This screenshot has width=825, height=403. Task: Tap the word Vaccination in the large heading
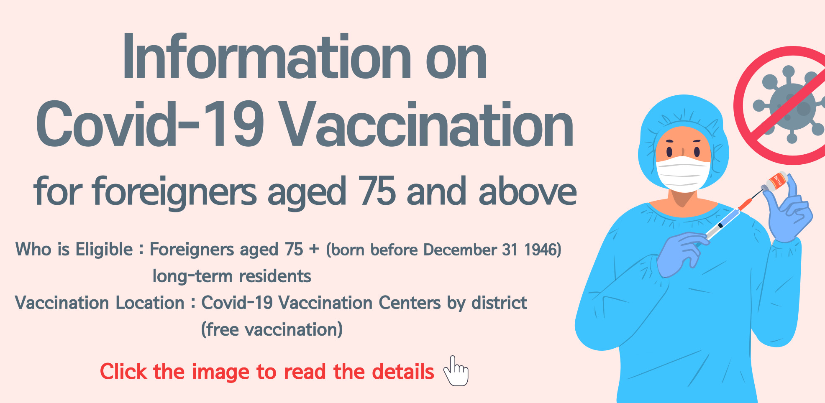pos(427,125)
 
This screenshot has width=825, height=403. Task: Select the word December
pos(460,250)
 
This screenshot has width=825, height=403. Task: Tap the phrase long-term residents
pos(232,276)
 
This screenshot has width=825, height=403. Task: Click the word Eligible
pos(104,250)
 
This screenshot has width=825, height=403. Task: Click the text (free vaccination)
pos(272,330)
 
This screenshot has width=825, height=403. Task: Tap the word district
pos(499,303)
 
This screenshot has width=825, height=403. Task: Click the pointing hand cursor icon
pos(456,371)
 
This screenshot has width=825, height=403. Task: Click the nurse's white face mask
pos(683,174)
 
